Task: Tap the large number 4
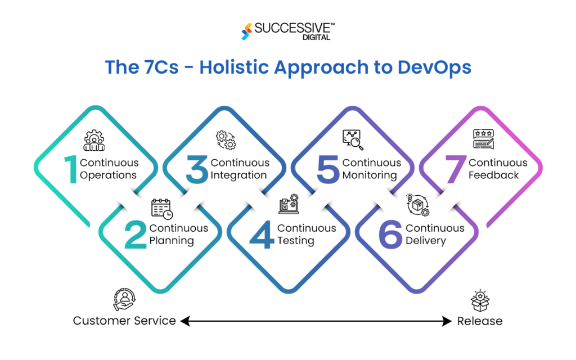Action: coord(262,235)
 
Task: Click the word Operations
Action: coord(108,175)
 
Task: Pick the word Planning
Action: coord(172,241)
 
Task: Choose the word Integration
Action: coord(238,175)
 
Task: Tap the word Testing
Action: coord(295,241)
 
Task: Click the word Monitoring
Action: coord(370,175)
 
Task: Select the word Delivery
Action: coord(426,241)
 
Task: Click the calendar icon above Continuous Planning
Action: coord(162,209)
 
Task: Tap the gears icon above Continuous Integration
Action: coord(226,139)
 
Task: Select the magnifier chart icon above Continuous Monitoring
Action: coord(353,140)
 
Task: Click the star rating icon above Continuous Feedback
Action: coord(484,140)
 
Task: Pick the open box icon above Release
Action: coord(479,301)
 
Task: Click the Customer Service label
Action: coord(124,321)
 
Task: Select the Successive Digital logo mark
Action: coord(246,31)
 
